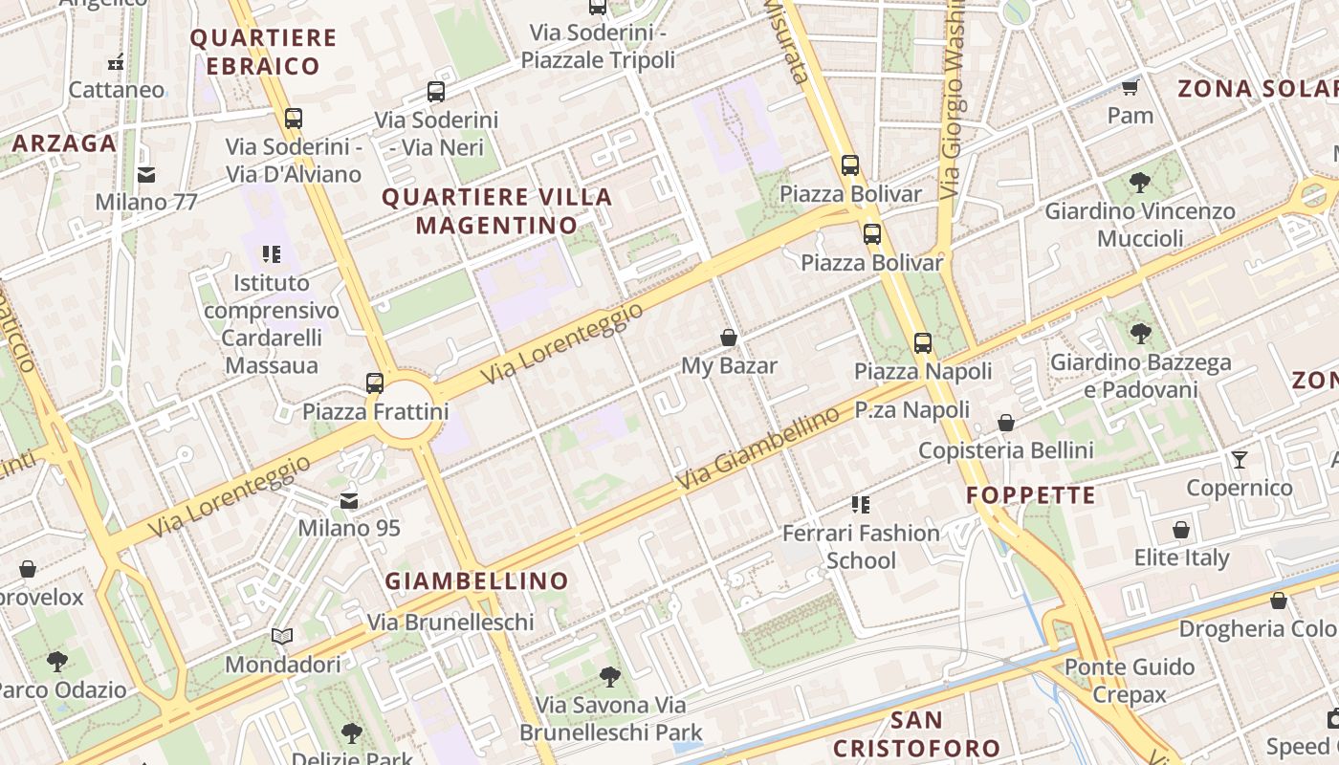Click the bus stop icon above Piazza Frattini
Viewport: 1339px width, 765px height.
(x=375, y=383)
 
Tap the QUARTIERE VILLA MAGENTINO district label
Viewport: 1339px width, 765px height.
(x=497, y=211)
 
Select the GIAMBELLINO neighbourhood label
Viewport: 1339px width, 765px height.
(x=476, y=580)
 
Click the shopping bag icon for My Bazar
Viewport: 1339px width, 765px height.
(x=729, y=338)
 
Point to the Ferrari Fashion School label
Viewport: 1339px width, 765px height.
(x=861, y=546)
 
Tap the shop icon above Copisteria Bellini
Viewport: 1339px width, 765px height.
(x=1006, y=423)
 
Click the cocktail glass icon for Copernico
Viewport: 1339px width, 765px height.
(x=1240, y=460)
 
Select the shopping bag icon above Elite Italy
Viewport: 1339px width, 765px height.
(x=1181, y=530)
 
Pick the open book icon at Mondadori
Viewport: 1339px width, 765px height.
(x=282, y=636)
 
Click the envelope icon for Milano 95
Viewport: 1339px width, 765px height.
(x=349, y=500)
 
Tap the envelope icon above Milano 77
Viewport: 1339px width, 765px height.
(x=146, y=175)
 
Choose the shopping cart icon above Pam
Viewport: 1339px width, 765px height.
(x=1130, y=88)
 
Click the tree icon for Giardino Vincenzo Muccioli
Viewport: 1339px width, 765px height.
(x=1139, y=182)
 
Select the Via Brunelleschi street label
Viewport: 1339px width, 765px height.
(x=450, y=623)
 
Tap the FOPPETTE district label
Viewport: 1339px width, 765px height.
(x=1030, y=495)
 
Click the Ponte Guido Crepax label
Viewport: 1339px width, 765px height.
(x=1130, y=680)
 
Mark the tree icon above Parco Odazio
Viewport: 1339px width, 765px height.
(x=57, y=661)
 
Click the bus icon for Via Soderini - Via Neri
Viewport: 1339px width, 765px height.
(x=436, y=92)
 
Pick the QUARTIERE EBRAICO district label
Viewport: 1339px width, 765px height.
(x=263, y=53)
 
